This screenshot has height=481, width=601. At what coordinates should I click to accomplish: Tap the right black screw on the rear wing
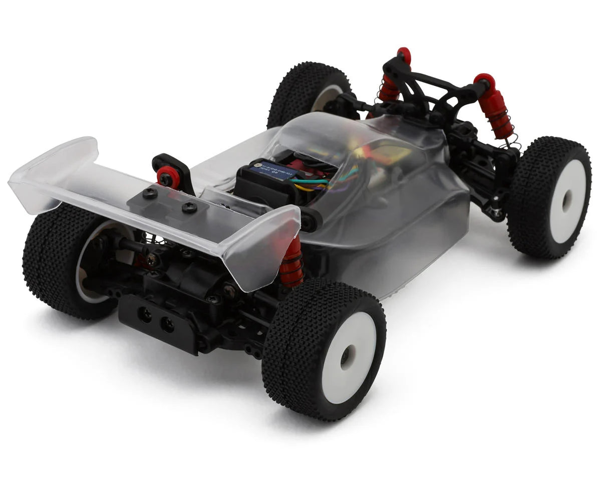tap(189, 207)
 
